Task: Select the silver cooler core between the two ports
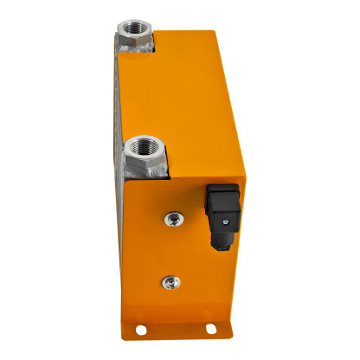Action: coord(116,104)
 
